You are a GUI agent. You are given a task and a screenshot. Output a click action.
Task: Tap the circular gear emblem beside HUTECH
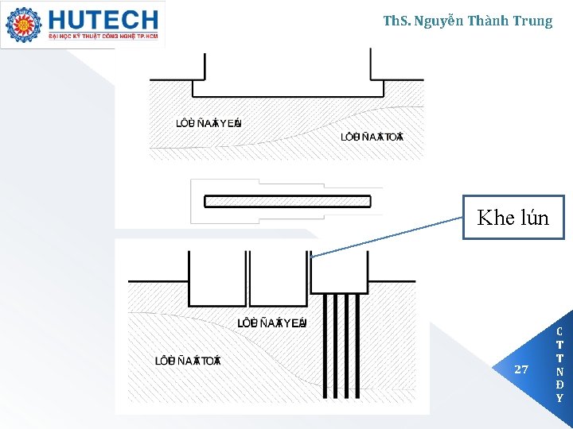click(x=23, y=25)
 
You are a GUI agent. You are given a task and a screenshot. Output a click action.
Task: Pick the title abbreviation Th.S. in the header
click(x=399, y=21)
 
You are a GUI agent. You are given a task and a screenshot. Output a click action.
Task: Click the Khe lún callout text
click(x=513, y=218)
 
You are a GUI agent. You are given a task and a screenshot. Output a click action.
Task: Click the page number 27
click(x=521, y=369)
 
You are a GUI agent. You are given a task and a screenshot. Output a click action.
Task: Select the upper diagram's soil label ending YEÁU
click(x=209, y=123)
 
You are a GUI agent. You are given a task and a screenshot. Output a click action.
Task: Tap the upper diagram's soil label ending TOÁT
click(x=372, y=137)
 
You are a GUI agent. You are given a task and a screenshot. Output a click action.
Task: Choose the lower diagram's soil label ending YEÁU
click(x=272, y=323)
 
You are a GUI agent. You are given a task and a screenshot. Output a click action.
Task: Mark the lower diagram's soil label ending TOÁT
click(x=187, y=361)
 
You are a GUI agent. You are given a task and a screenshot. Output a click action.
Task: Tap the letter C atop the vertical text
click(x=559, y=331)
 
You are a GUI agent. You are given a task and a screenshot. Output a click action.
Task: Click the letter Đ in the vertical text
click(x=559, y=385)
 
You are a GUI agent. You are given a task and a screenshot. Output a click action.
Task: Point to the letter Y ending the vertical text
click(x=559, y=398)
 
